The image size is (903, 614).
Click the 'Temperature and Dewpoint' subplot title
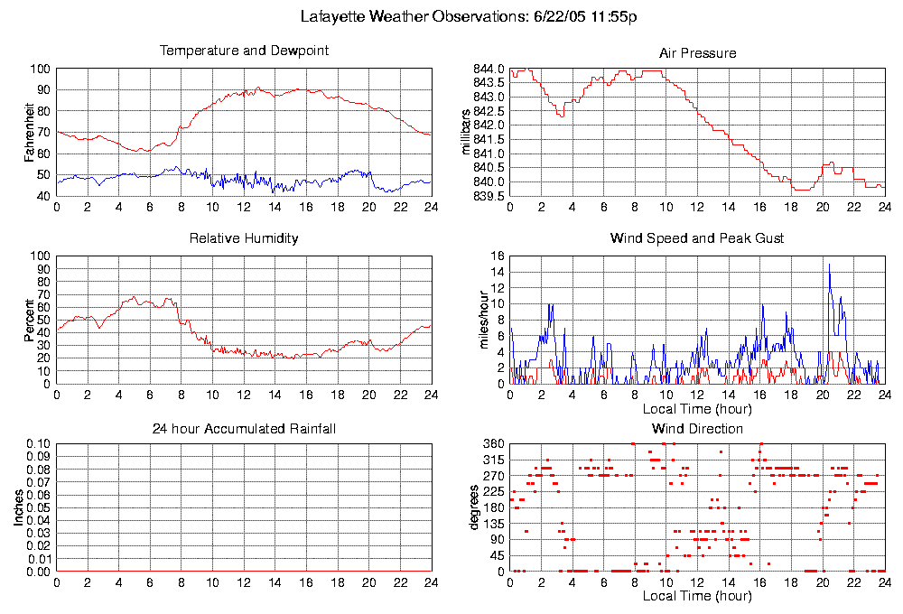[244, 51]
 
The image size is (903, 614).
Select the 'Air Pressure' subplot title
[697, 53]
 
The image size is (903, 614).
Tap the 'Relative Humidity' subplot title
[244, 238]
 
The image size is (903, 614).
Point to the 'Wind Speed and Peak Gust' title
[697, 238]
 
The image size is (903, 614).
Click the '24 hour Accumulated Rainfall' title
[244, 428]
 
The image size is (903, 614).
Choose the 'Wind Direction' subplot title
[697, 428]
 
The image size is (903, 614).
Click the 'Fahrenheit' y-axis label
[30, 133]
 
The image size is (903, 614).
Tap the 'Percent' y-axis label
[30, 320]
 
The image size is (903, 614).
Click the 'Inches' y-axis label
[18, 508]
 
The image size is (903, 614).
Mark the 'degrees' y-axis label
[475, 508]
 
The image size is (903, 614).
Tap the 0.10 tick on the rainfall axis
[39, 443]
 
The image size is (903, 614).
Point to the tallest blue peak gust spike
[829, 265]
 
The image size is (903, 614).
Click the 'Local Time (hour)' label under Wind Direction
[697, 596]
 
